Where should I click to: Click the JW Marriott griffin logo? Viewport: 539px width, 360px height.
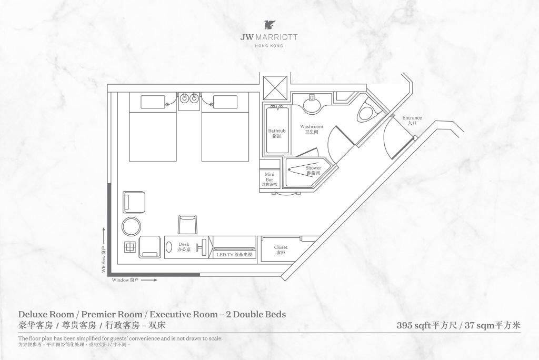269,25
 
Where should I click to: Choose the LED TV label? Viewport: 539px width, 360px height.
234,255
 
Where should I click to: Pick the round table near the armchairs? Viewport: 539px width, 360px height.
131,226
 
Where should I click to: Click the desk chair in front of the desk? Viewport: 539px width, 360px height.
187,225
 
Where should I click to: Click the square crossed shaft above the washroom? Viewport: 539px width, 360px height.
275,87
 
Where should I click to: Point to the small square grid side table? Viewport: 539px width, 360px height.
129,246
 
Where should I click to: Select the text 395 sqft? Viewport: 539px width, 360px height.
413,325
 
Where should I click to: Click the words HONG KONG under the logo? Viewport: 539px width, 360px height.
269,46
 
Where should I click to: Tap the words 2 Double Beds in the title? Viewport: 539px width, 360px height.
256,315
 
